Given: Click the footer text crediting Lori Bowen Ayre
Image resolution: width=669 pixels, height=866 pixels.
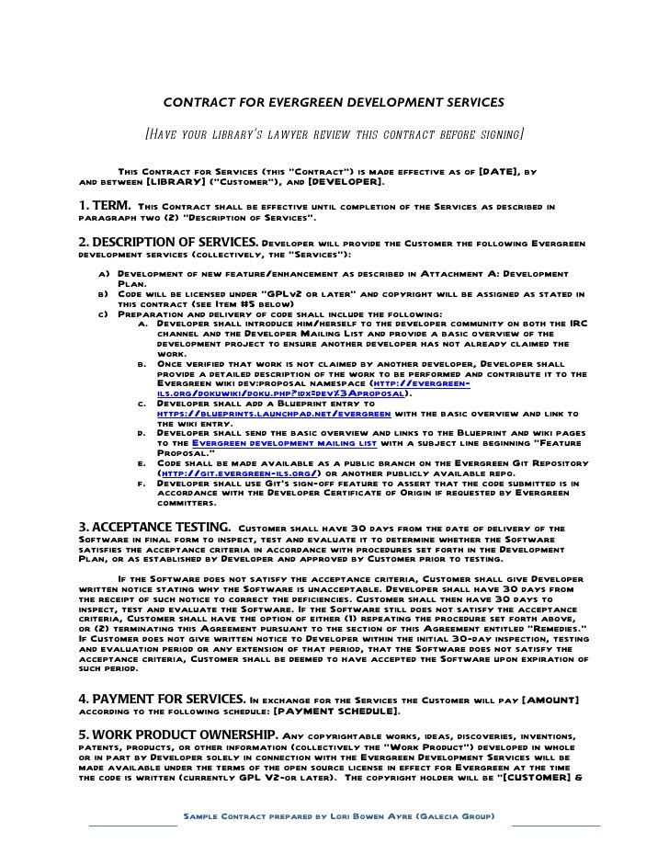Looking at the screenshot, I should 339,815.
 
